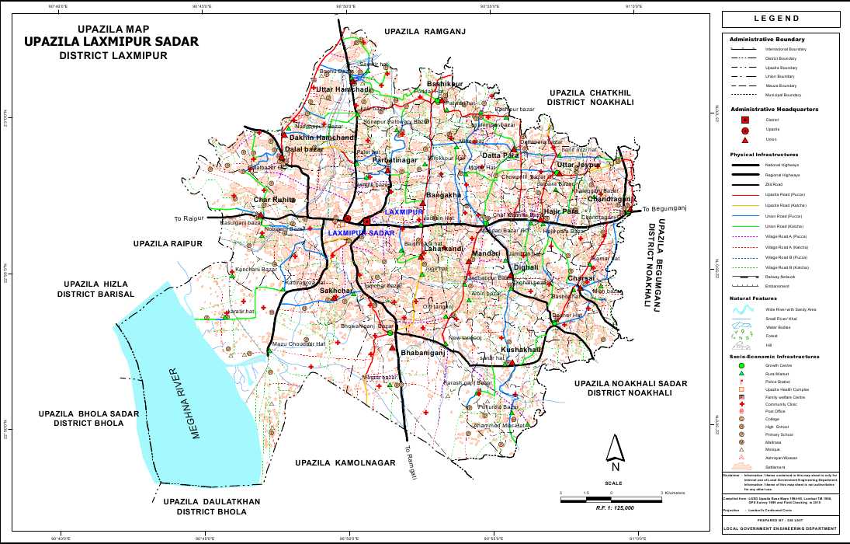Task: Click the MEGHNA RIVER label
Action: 184,403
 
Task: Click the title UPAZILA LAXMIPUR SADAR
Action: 111,42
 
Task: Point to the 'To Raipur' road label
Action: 189,219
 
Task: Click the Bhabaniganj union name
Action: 422,353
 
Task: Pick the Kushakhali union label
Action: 521,350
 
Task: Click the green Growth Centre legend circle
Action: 741,365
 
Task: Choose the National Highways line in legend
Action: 743,165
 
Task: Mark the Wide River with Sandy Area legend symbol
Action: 743,309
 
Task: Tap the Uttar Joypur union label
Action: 579,166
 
